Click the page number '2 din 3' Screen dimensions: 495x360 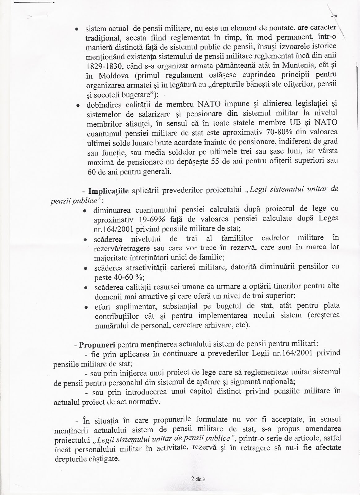(x=198, y=479)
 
